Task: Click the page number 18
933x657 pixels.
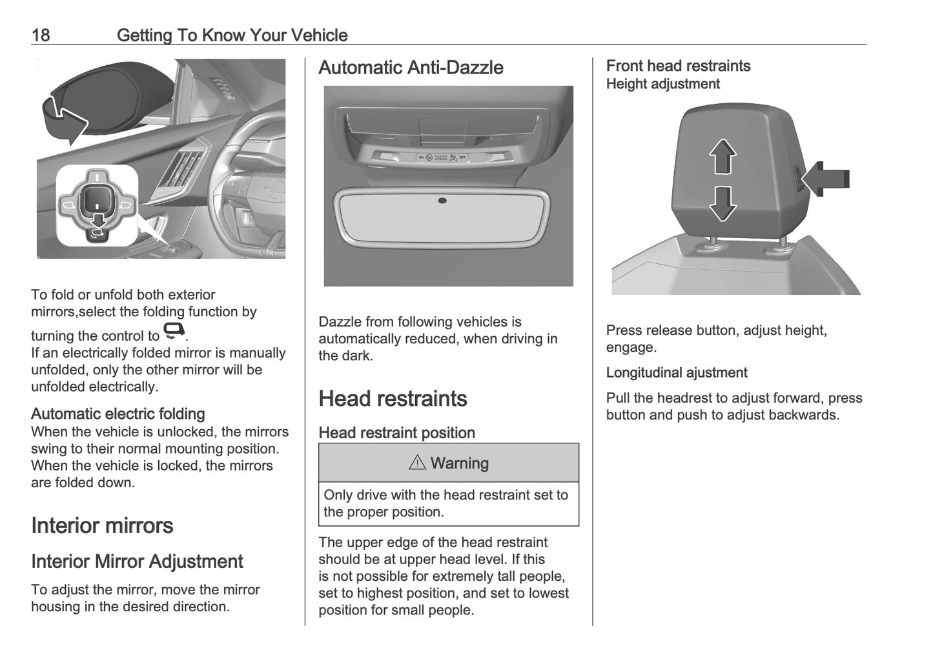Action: tap(40, 35)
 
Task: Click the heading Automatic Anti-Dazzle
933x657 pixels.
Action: tap(411, 68)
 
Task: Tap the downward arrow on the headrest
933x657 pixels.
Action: tap(723, 203)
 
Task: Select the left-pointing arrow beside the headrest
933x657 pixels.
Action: tap(829, 179)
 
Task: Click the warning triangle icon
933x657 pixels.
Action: tap(417, 463)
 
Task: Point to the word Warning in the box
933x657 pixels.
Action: tap(459, 463)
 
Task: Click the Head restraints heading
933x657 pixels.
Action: tap(393, 399)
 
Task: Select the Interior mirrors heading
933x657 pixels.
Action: tap(102, 525)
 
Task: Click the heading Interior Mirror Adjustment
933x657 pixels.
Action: tap(137, 561)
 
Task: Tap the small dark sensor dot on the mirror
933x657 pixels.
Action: tap(442, 201)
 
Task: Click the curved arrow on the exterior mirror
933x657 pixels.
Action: tap(64, 120)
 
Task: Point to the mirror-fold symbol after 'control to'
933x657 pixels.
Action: tap(174, 332)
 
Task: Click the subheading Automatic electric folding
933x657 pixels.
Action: tap(118, 414)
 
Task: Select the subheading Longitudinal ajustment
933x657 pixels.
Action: tap(676, 372)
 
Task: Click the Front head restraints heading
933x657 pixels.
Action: tap(678, 66)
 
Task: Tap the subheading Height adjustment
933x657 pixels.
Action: tap(662, 84)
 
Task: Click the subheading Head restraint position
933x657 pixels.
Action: tap(396, 433)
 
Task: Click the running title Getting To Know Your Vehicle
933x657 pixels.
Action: tap(232, 35)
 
